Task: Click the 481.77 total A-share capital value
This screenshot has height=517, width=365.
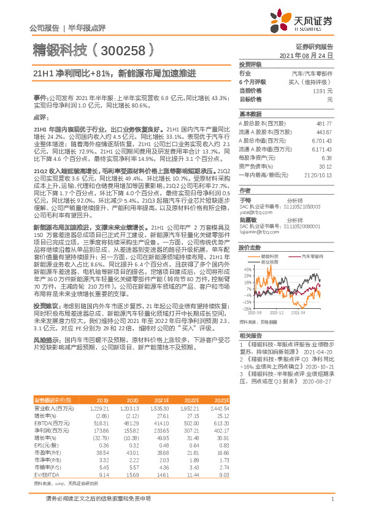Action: point(323,123)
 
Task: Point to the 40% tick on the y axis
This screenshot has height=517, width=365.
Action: point(247,268)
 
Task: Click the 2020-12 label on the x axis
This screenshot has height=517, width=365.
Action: point(277,313)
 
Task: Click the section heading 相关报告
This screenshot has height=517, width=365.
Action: point(250,335)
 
